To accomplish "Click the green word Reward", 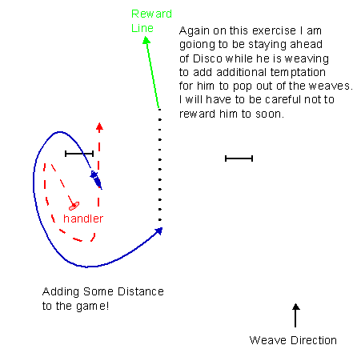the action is [x=151, y=14].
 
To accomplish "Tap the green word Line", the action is [x=142, y=28].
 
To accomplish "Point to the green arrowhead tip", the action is [x=146, y=37].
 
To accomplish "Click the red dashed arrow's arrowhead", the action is [x=99, y=127].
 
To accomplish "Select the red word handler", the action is [x=83, y=219].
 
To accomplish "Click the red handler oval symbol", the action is [x=74, y=206].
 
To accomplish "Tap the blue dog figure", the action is [x=96, y=178].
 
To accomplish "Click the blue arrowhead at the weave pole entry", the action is [x=159, y=231].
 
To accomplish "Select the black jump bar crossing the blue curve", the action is [x=79, y=154].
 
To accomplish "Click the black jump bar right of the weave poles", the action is [x=239, y=158].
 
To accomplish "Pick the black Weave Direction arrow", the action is [x=295, y=315].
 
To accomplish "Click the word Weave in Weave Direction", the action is [x=268, y=340].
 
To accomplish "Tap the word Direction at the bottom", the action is [x=314, y=340].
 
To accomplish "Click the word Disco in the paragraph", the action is [x=207, y=58].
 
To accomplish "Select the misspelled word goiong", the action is [x=197, y=45].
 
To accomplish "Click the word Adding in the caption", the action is [x=61, y=292].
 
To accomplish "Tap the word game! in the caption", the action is [x=93, y=307].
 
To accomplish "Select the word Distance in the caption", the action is [x=141, y=291].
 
